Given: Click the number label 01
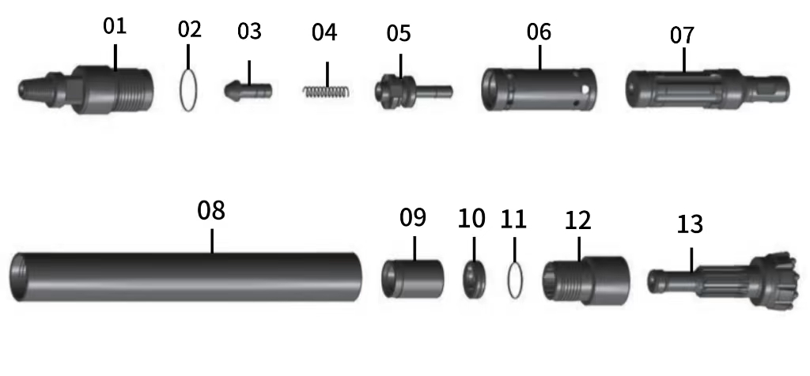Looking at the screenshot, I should pos(115,25).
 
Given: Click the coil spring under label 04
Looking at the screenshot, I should pos(324,91).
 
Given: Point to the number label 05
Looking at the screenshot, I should pos(399,34).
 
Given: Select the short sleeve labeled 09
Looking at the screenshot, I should pos(412,276).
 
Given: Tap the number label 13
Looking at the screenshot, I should pos(690,224).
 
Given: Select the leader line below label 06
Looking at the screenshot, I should pos(539,57).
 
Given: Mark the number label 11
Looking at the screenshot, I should pos(513,218).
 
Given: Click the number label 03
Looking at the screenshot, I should pos(249,32).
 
